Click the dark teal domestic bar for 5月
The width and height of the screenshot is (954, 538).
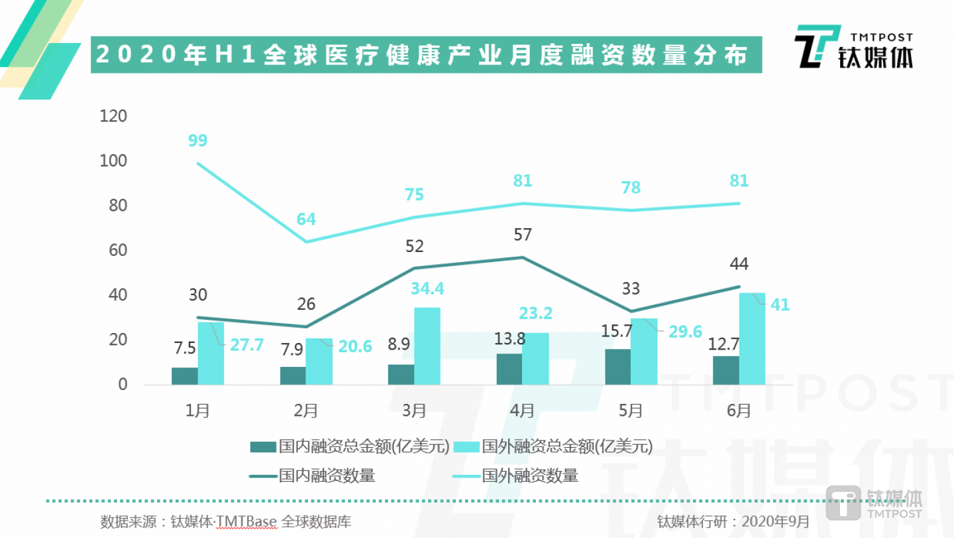pos(617,367)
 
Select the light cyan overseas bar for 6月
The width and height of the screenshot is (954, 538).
pos(752,339)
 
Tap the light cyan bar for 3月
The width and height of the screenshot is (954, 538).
pos(427,346)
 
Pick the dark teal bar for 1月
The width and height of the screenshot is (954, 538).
pos(184,376)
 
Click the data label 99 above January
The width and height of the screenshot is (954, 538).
pos(197,141)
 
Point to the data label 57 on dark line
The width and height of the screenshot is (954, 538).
pos(522,235)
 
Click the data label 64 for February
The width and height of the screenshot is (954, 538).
pos(306,220)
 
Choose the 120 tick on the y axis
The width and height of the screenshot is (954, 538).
pos(113,117)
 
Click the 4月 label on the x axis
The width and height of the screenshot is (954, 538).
pos(522,411)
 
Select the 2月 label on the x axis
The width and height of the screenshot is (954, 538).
pos(305,411)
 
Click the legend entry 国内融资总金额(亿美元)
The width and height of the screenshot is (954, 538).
pos(351,446)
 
